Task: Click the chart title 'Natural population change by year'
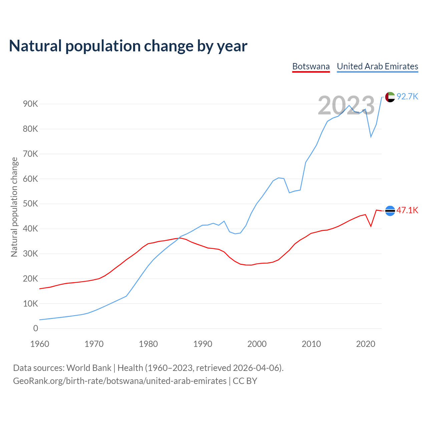point(128,46)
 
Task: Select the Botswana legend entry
point(311,66)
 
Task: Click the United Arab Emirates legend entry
point(377,66)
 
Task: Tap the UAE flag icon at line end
point(390,97)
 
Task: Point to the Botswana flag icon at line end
point(390,211)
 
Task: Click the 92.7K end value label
point(407,97)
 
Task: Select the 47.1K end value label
point(407,210)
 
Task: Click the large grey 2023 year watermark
point(346,105)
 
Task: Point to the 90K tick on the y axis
point(31,104)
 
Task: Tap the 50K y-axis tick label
point(31,204)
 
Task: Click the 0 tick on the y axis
point(36,329)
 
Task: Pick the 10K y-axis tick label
point(31,304)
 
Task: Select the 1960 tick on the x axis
point(40,344)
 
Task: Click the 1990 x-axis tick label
point(202,344)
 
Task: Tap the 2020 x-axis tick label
point(366,344)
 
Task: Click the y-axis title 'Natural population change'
point(14,207)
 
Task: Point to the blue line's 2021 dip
point(371,137)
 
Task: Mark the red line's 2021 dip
point(371,226)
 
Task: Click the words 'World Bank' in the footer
point(89,368)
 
